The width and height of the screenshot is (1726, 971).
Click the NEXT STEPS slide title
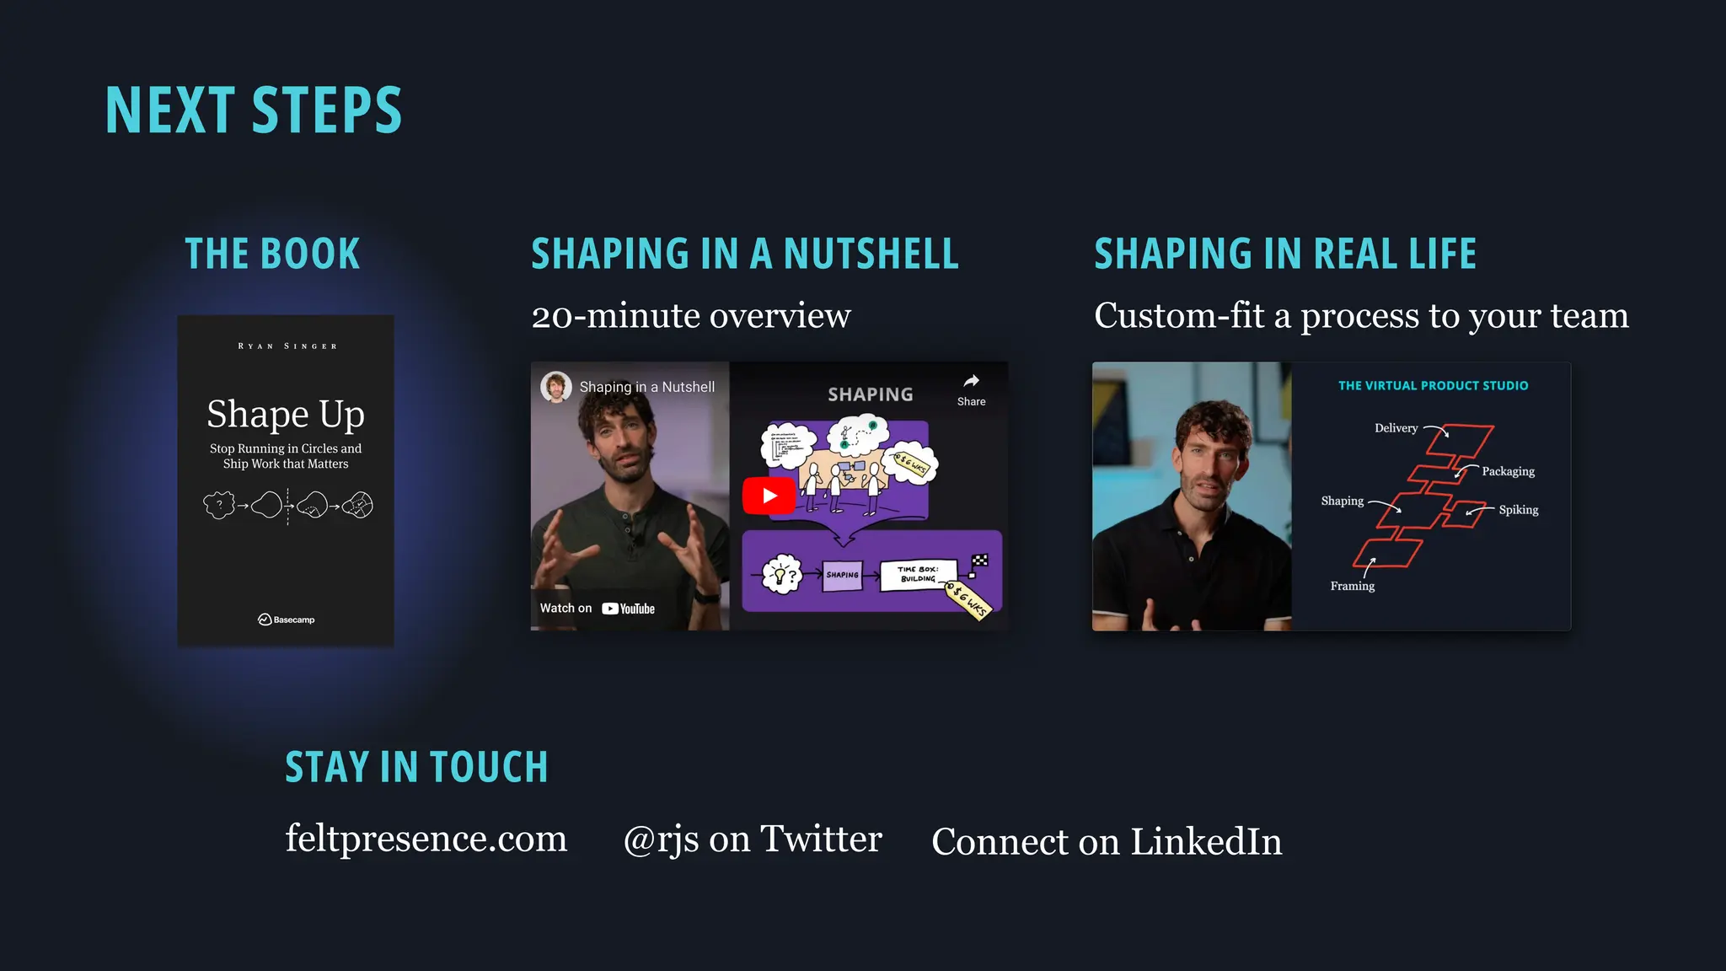pos(254,110)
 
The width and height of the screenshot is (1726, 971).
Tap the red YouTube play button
pos(769,496)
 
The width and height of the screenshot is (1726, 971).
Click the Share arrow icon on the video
pos(971,381)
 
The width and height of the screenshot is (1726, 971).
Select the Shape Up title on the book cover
pos(286,414)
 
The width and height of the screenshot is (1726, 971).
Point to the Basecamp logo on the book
pos(286,620)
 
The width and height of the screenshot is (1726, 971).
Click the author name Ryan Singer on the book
pos(287,346)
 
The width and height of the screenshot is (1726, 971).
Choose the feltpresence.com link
pos(426,839)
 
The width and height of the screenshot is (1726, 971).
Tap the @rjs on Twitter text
pos(752,840)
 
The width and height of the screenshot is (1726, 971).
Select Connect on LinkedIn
pos(1107,841)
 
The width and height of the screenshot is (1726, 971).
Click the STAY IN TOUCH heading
pos(416,767)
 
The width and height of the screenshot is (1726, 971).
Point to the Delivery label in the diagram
pos(1396,428)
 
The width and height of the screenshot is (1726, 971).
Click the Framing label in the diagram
pos(1352,586)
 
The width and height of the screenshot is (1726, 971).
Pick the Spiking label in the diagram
pos(1518,510)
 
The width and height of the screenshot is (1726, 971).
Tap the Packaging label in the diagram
pos(1508,471)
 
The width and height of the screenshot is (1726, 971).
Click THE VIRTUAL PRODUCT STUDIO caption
pos(1433,386)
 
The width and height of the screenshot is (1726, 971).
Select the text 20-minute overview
pos(691,316)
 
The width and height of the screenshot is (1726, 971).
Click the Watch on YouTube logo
pos(628,609)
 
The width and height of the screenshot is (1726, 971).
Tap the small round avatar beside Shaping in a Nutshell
pos(556,387)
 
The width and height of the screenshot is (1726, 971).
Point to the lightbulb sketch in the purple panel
pos(780,575)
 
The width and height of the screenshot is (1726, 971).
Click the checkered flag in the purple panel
pos(980,561)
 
